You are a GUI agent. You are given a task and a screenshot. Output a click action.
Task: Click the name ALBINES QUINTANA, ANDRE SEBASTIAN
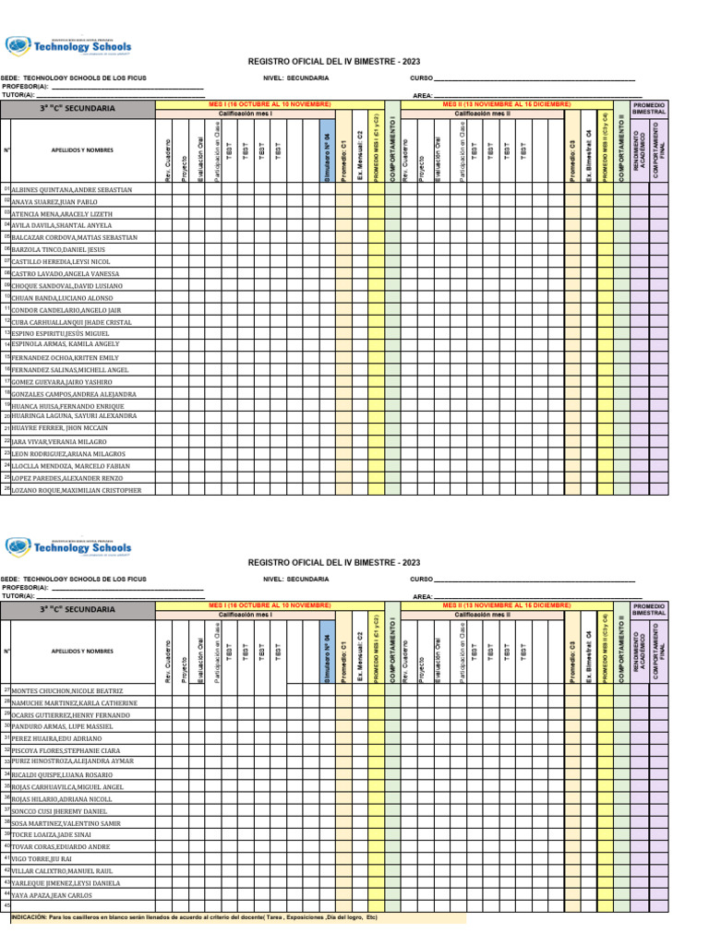point(70,189)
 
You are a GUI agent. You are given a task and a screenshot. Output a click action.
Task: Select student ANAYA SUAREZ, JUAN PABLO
point(54,201)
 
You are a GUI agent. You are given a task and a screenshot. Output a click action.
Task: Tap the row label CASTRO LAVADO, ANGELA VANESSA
point(65,274)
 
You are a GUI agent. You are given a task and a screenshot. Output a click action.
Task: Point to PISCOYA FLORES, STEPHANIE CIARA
point(66,750)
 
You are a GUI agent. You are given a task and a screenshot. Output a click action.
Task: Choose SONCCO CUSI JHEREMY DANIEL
point(59,810)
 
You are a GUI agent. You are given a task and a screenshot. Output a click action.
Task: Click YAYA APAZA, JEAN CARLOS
point(54,894)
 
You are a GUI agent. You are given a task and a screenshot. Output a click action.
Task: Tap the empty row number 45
point(6,905)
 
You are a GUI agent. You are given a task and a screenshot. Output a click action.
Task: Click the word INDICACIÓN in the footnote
point(29,918)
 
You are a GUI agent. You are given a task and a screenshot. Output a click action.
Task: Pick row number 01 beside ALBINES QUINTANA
point(6,188)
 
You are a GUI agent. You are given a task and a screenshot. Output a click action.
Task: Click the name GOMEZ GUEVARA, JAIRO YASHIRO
point(61,381)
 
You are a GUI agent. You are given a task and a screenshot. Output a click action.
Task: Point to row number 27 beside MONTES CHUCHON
point(6,689)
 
